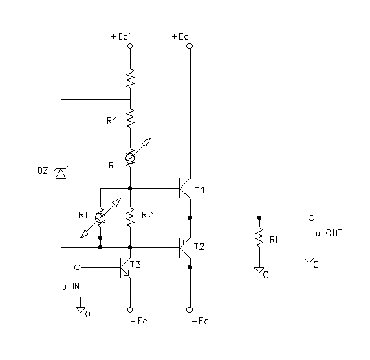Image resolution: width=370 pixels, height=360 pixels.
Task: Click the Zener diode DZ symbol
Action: click(61, 173)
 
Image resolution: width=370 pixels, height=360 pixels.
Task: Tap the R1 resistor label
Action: click(112, 121)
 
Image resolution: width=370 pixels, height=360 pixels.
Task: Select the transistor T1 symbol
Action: click(185, 188)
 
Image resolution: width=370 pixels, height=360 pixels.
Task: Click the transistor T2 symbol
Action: click(185, 247)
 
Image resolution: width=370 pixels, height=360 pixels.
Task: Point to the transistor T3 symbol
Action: click(125, 267)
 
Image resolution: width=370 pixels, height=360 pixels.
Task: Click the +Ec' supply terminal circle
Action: click(130, 46)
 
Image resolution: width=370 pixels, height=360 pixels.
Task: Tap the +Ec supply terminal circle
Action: click(190, 46)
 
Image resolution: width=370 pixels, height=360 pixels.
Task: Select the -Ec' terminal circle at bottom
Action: click(130, 310)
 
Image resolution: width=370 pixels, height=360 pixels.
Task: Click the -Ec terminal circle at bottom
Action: click(190, 310)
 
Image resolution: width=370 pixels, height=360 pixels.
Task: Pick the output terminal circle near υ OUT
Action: click(312, 218)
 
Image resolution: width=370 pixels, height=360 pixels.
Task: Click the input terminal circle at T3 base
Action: click(77, 267)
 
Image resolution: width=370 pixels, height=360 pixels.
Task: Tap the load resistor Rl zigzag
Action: click(259, 238)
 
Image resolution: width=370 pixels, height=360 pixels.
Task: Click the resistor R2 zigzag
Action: click(130, 217)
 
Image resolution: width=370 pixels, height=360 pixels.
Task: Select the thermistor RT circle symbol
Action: click(100, 218)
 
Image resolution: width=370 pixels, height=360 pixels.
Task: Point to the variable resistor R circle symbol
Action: click(130, 158)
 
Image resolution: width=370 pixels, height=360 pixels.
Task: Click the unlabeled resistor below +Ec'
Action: click(130, 78)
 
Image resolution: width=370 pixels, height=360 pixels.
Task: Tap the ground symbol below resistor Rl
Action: click(259, 270)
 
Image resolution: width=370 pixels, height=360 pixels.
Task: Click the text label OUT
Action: click(334, 233)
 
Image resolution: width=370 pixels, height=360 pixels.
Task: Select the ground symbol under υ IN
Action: click(80, 310)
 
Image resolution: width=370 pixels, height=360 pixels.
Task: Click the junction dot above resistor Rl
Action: click(259, 218)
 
